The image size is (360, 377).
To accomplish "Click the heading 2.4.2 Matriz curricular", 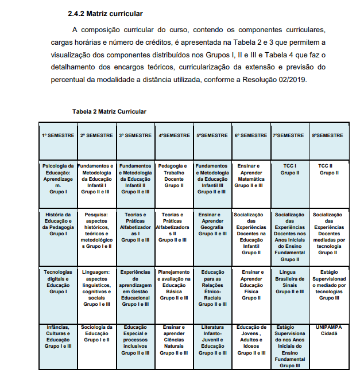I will (105, 13).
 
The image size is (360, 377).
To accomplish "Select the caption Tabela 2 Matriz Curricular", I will (109, 111).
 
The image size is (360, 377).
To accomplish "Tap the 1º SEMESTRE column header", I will (58, 135).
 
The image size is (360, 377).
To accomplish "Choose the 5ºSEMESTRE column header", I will (212, 135).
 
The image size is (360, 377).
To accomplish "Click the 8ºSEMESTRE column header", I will (329, 135).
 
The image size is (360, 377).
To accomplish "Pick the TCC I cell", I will (289, 169).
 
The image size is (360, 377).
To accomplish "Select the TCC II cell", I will (328, 169).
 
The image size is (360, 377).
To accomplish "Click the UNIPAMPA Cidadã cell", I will (328, 331).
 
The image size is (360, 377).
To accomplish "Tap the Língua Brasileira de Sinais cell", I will (289, 281).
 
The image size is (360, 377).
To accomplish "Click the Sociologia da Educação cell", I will (97, 333).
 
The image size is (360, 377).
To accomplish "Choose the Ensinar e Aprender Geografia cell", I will (212, 224).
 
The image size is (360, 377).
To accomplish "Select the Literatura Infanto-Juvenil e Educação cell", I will (212, 340).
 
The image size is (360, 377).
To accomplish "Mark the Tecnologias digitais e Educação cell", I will (58, 281).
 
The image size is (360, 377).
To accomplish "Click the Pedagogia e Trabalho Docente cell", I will (174, 176).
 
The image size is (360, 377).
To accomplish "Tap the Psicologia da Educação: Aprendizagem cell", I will (58, 178).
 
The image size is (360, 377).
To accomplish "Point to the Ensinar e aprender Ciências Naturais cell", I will (174, 340).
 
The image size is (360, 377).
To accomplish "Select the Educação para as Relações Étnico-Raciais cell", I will (212, 285).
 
